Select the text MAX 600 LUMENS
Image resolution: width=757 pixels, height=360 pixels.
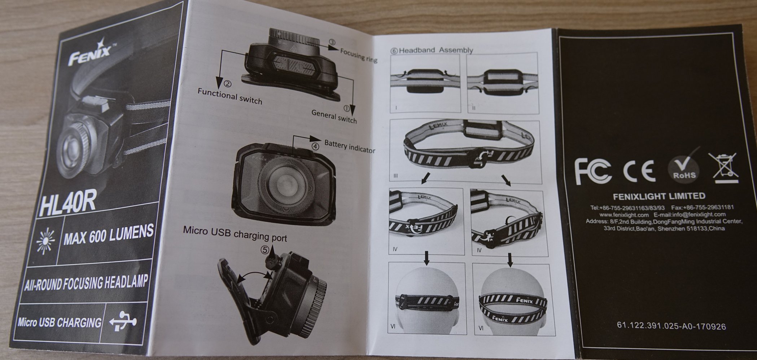pyautogui.click(x=108, y=235)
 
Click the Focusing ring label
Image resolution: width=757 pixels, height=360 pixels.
pyautogui.click(x=359, y=56)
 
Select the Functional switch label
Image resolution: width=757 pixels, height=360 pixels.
pyautogui.click(x=229, y=96)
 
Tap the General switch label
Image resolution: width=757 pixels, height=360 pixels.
pyautogui.click(x=334, y=117)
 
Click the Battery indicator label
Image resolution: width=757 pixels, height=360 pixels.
pyautogui.click(x=350, y=146)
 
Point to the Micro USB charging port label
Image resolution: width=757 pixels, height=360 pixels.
pyautogui.click(x=235, y=233)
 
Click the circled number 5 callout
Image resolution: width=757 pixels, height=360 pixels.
pyautogui.click(x=265, y=249)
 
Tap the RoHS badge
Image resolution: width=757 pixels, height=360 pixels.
pyautogui.click(x=683, y=169)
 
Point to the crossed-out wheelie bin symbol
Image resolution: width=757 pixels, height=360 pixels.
pyautogui.click(x=722, y=166)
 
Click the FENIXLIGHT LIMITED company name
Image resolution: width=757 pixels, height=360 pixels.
pyautogui.click(x=659, y=196)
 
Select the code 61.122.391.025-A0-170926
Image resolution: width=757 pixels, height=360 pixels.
pyautogui.click(x=671, y=326)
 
